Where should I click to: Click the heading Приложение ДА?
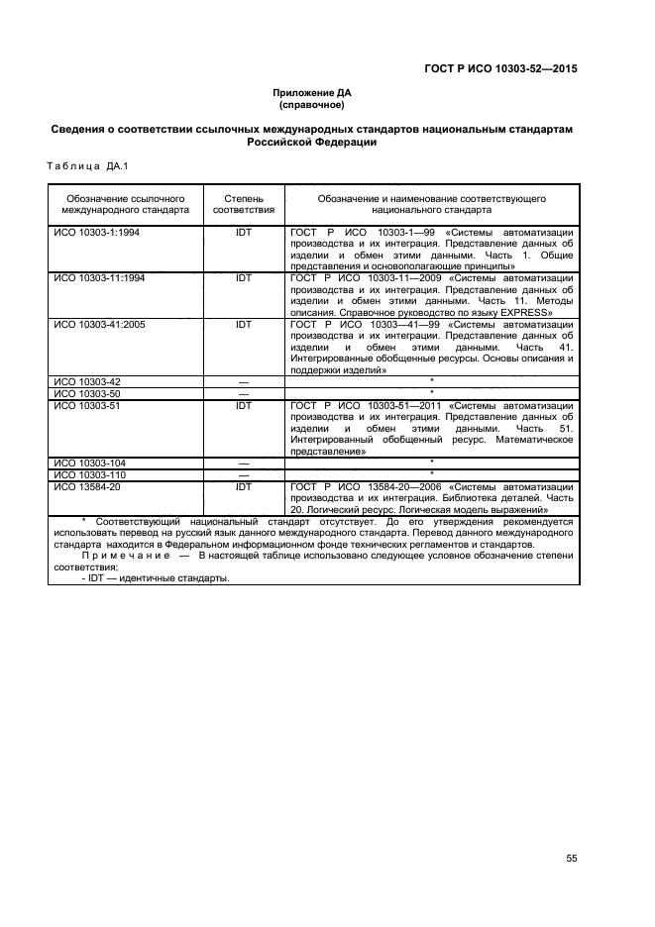pyautogui.click(x=312, y=93)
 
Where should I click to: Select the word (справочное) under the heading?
pyautogui.click(x=312, y=105)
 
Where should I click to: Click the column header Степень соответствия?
pyautogui.click(x=244, y=204)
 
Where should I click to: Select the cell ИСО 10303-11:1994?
pyautogui.click(x=99, y=278)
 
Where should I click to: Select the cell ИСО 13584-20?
pyautogui.click(x=86, y=486)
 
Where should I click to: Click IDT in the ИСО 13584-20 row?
pyautogui.click(x=244, y=486)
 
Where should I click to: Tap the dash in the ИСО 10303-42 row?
pyautogui.click(x=244, y=381)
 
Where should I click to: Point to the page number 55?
pyautogui.click(x=571, y=858)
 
